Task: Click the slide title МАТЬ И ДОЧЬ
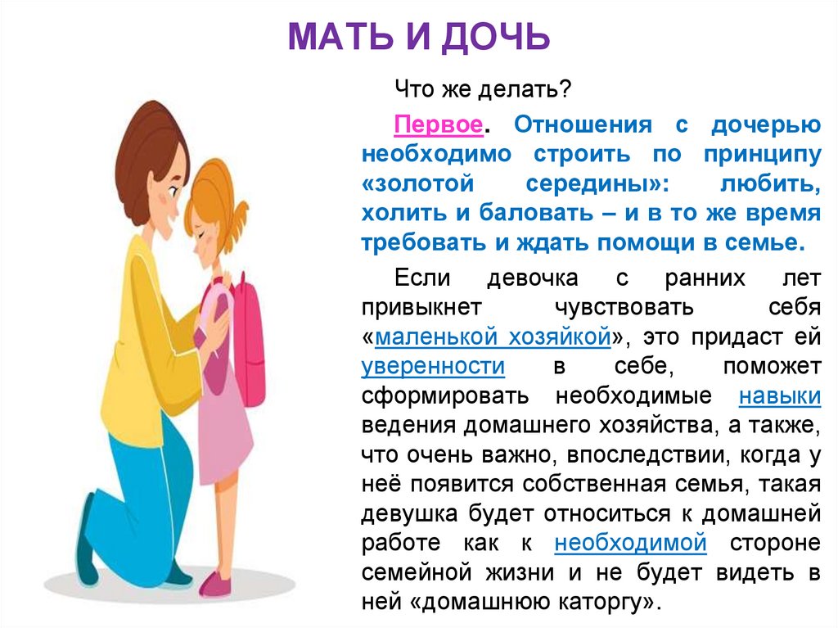(x=418, y=37)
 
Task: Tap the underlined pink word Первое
(x=436, y=126)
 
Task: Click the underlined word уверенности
(x=433, y=365)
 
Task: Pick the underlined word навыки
(x=779, y=395)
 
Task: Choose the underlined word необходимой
(x=630, y=542)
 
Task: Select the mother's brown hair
(x=147, y=139)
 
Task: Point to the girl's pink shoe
(x=215, y=583)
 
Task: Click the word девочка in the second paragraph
(x=533, y=278)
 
